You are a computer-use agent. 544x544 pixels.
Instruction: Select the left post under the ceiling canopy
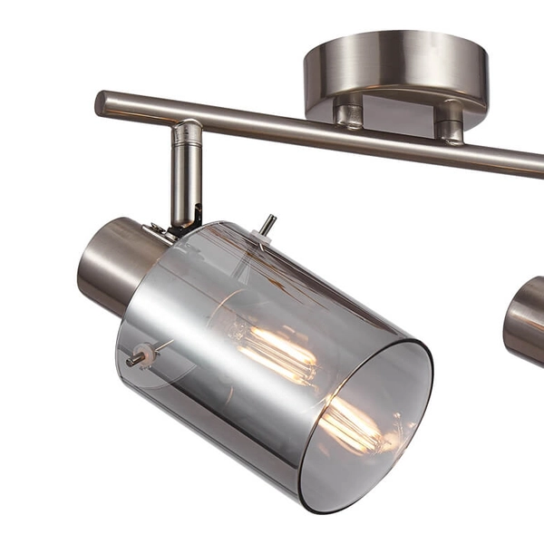click(349, 114)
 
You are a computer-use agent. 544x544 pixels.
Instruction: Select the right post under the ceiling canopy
click(451, 121)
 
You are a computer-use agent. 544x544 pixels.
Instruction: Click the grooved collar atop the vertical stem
click(189, 132)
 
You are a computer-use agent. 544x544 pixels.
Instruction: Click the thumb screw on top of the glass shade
click(267, 224)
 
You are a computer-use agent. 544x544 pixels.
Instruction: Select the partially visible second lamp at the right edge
click(525, 322)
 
